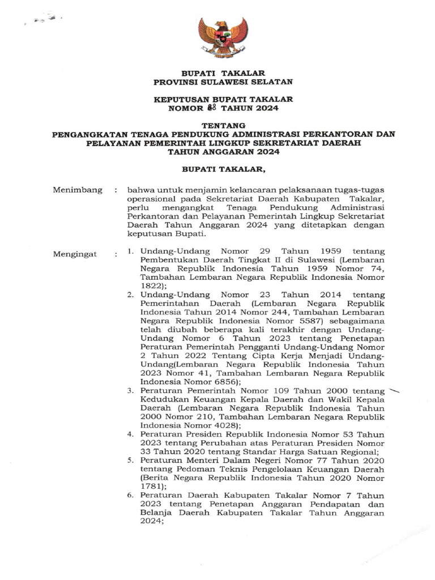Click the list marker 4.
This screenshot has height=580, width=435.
coord(130,434)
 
